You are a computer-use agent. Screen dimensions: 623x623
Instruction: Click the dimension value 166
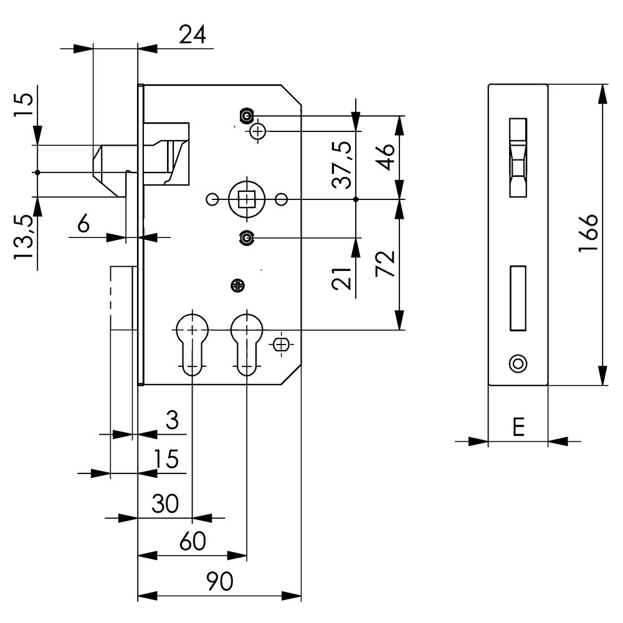tap(588, 232)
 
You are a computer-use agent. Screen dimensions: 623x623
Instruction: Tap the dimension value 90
tap(220, 582)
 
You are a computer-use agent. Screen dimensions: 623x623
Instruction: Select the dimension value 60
tap(193, 541)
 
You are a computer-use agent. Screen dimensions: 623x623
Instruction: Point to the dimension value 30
tap(165, 503)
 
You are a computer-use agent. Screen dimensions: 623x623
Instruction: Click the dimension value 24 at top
tap(193, 34)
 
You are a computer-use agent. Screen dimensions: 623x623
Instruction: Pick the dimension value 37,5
tap(342, 164)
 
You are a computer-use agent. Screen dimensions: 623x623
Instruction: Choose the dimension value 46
tap(385, 156)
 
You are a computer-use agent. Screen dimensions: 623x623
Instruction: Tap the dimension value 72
tap(385, 264)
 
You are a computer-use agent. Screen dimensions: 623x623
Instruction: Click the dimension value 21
tap(342, 278)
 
